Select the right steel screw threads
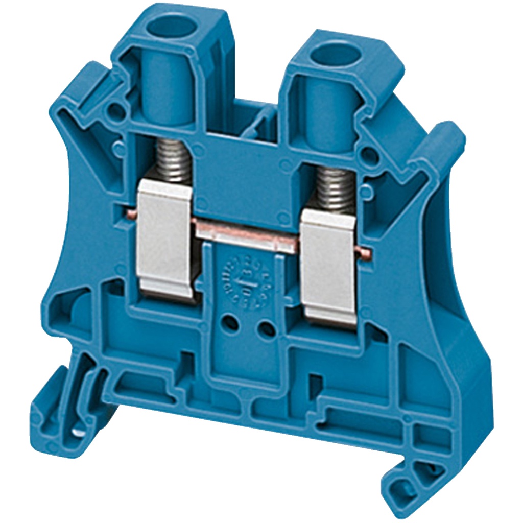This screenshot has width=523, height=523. coord(334,189)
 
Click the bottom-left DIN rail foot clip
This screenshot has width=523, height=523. coord(56,403)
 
